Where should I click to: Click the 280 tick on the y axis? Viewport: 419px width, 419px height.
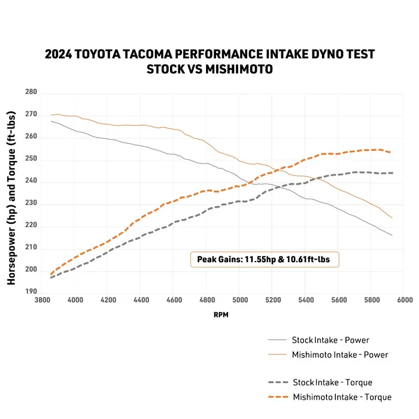(31, 92)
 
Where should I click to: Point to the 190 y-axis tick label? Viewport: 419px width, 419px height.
(31, 292)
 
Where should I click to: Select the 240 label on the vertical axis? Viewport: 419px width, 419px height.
(31, 181)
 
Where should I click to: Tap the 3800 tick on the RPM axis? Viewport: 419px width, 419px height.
(42, 299)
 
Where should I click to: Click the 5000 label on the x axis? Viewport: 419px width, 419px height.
(239, 299)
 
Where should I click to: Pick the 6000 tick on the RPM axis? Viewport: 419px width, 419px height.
(403, 299)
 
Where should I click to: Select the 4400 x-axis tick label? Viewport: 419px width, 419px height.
(141, 299)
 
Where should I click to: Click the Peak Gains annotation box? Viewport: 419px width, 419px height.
(265, 260)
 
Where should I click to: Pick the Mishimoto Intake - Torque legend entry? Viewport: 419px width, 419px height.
(342, 397)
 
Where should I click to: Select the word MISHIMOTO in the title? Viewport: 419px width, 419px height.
(239, 69)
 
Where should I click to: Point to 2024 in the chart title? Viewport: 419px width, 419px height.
(59, 54)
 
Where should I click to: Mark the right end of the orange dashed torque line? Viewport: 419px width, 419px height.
(391, 152)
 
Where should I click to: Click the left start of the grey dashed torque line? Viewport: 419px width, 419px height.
(51, 278)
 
